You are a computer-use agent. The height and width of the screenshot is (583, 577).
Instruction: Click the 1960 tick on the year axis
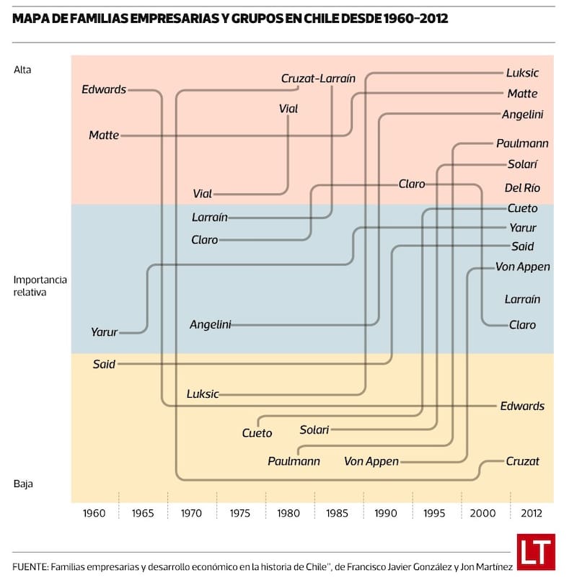pyautogui.click(x=94, y=514)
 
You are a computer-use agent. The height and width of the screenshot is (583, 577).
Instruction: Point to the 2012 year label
pyautogui.click(x=531, y=514)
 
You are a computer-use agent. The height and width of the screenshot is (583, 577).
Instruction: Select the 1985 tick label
pyautogui.click(x=337, y=514)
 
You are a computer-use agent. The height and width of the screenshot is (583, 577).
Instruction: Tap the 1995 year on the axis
pyautogui.click(x=434, y=514)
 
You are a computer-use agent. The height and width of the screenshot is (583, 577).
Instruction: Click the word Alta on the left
pyautogui.click(x=23, y=70)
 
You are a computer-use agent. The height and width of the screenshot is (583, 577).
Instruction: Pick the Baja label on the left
pyautogui.click(x=23, y=484)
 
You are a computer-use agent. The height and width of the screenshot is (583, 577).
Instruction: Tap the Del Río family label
pyautogui.click(x=522, y=188)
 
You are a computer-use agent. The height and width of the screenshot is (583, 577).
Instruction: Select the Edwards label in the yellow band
pyautogui.click(x=522, y=406)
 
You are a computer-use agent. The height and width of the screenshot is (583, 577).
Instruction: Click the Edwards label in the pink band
pyautogui.click(x=104, y=89)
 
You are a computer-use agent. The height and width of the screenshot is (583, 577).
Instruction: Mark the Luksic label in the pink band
pyautogui.click(x=522, y=73)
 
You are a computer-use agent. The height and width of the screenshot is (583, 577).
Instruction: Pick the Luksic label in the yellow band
pyautogui.click(x=203, y=394)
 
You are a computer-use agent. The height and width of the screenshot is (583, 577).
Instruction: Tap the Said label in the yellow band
pyautogui.click(x=104, y=364)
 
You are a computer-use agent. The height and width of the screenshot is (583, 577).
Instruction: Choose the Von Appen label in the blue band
pyautogui.click(x=523, y=267)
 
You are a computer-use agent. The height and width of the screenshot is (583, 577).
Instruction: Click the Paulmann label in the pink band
pyautogui.click(x=522, y=143)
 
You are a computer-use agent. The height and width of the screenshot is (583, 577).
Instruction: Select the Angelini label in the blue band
pyautogui.click(x=211, y=324)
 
